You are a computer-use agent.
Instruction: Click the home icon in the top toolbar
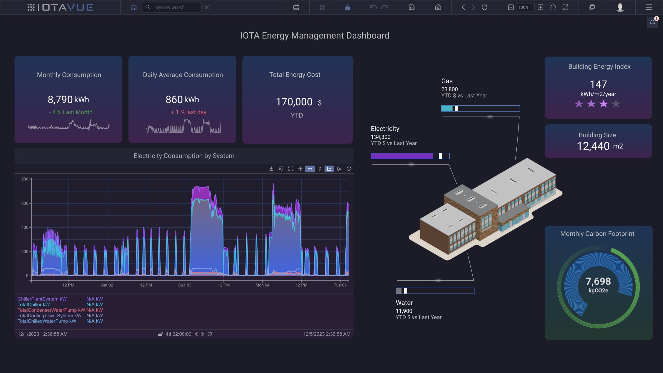click(x=133, y=7)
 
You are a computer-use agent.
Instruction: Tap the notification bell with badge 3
click(x=652, y=23)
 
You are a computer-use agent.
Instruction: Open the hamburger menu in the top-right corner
click(x=648, y=7)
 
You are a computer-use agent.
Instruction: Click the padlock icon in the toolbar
click(x=348, y=7)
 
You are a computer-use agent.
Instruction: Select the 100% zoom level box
click(x=525, y=7)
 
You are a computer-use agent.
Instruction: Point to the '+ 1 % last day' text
click(x=189, y=112)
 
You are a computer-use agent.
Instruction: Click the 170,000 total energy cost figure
click(x=294, y=102)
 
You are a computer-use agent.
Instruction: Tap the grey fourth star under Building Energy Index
click(x=616, y=104)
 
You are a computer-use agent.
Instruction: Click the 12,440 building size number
click(x=593, y=146)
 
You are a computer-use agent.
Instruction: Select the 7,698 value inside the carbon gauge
click(x=598, y=281)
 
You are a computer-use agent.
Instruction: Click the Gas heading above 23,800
click(x=447, y=81)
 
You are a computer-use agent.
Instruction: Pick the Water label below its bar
click(x=404, y=303)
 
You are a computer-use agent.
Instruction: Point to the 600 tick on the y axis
click(x=25, y=203)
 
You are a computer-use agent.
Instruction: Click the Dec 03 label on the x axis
click(x=185, y=285)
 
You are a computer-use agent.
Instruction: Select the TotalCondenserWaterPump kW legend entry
click(x=51, y=310)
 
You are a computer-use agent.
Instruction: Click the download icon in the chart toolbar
click(x=271, y=169)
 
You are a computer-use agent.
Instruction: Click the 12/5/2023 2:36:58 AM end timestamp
click(x=327, y=334)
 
